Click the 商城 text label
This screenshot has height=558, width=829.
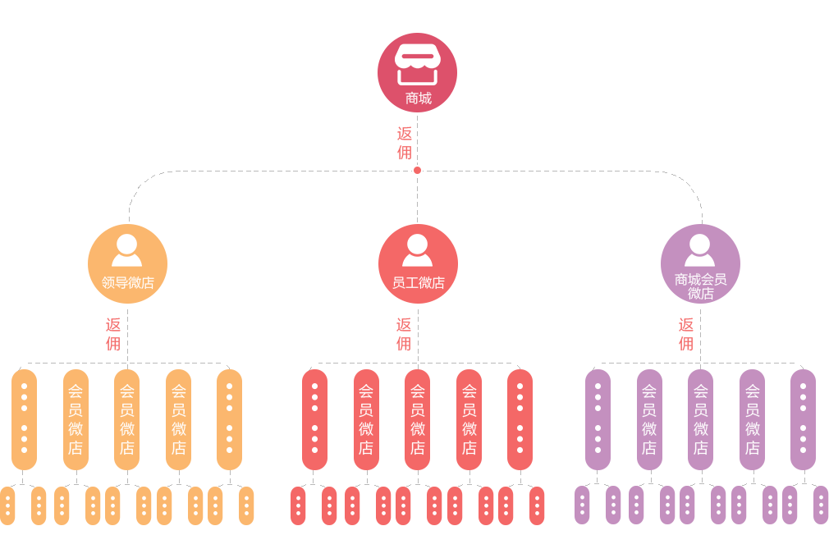coord(418,98)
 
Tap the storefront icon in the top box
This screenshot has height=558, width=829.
coord(417,64)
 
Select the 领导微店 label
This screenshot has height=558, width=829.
coord(128,283)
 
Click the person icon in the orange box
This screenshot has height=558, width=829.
coord(126,250)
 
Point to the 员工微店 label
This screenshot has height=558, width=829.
coord(418,283)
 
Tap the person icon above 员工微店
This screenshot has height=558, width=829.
coord(417,250)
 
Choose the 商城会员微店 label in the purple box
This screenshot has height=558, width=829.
coord(700,286)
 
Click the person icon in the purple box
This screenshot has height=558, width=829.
coord(699,250)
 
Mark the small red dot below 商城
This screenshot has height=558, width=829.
coord(417,171)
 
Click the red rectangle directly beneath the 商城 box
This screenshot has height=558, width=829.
coord(405,143)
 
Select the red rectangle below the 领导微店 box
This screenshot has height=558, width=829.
coord(113,334)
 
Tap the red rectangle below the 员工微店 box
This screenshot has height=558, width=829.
coord(404,334)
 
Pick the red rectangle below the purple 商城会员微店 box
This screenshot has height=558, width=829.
coord(686,334)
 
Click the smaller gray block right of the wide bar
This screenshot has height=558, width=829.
coord(655,198)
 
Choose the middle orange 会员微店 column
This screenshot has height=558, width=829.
coord(126,419)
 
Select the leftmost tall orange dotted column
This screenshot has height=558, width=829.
coord(24,419)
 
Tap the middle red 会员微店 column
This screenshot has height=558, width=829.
coord(417,419)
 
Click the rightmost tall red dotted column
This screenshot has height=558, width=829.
coord(520,419)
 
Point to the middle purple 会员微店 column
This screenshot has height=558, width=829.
coord(700,419)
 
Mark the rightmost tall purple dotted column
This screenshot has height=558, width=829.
coord(803,419)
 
